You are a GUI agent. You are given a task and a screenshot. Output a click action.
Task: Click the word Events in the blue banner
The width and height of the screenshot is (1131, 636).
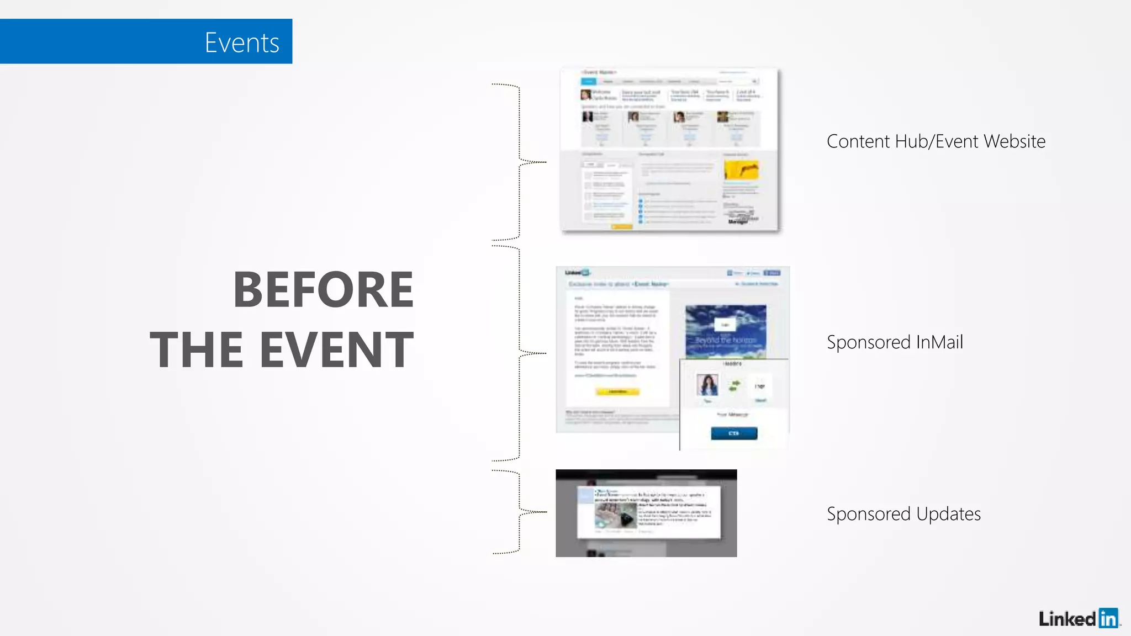click(242, 43)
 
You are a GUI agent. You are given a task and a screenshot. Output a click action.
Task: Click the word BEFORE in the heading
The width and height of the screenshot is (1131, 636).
click(324, 290)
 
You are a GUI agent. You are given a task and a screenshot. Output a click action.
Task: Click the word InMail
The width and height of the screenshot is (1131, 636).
click(939, 342)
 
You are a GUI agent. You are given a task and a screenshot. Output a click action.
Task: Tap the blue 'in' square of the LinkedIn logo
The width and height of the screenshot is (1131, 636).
click(1108, 618)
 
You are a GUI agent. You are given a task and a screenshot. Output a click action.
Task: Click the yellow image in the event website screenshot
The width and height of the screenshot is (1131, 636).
click(741, 169)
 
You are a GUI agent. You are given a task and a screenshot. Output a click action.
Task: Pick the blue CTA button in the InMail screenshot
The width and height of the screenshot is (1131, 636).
click(734, 433)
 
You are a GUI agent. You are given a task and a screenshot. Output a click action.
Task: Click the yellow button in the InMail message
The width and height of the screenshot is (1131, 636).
click(617, 392)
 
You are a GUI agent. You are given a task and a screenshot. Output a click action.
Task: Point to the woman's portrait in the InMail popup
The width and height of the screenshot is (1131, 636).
click(707, 384)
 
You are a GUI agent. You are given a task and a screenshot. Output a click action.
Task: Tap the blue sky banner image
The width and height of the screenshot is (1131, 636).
click(726, 331)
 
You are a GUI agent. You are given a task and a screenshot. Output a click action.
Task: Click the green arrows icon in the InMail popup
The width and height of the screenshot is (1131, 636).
click(734, 385)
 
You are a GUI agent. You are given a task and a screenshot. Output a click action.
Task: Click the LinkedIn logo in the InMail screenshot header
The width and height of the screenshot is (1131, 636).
click(578, 273)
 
